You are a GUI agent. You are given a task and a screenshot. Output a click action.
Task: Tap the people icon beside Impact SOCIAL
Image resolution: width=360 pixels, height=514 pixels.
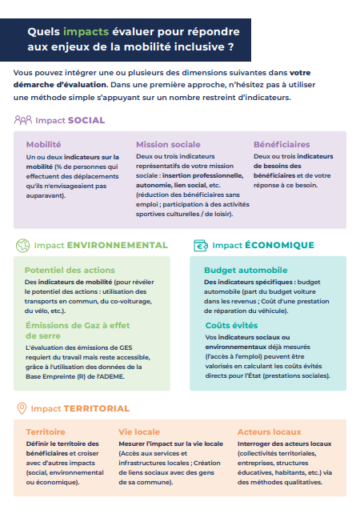coord(23,120)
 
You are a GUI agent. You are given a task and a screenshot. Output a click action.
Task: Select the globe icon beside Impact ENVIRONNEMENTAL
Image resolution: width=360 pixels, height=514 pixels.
coord(22,245)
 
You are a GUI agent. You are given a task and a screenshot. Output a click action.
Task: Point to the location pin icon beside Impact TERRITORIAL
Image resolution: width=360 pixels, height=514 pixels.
coord(22,408)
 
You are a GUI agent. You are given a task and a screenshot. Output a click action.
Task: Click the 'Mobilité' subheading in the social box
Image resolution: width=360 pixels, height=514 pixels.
coord(43,145)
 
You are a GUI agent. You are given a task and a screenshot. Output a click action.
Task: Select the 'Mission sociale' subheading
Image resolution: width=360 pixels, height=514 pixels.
coord(168,145)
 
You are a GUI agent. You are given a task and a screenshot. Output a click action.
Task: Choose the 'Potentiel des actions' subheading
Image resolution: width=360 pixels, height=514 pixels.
coord(70,271)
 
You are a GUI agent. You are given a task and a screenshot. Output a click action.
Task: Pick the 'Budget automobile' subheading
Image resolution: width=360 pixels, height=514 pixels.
coord(245,271)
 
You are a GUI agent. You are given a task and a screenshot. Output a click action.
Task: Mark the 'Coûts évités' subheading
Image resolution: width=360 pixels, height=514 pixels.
coord(231,325)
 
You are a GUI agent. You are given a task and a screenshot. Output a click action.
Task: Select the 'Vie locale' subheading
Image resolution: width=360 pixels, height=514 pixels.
coord(139,432)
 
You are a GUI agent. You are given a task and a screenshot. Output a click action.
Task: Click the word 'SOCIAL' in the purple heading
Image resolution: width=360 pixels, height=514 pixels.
coord(86,120)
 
